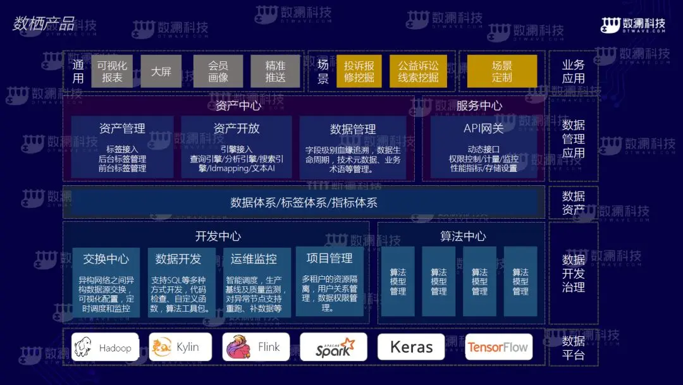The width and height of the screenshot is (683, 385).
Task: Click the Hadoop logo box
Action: [x=105, y=347]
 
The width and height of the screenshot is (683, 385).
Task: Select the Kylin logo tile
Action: [x=180, y=347]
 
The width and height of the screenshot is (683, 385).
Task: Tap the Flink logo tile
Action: [x=256, y=347]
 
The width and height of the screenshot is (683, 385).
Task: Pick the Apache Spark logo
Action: [x=333, y=347]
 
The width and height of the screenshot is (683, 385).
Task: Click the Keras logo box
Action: [x=411, y=347]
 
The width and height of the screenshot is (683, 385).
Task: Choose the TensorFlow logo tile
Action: [x=498, y=347]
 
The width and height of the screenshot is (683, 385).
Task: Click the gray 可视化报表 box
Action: [x=112, y=71]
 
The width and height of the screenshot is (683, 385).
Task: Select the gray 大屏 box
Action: [x=161, y=71]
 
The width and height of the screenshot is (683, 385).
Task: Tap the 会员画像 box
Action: [x=218, y=71]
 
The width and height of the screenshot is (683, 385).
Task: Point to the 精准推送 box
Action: [x=275, y=71]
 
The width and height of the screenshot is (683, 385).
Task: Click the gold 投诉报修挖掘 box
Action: [x=359, y=71]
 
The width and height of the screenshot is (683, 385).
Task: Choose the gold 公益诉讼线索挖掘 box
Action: [x=418, y=71]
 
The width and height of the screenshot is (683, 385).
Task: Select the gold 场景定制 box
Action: [x=501, y=71]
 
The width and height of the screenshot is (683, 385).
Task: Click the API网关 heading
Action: [x=484, y=128]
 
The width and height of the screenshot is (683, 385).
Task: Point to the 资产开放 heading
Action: [x=237, y=128]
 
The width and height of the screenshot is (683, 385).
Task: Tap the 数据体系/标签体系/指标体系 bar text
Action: [x=304, y=202]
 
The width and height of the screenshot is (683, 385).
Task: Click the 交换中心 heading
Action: [x=106, y=259]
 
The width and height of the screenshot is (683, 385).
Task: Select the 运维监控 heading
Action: [x=254, y=259]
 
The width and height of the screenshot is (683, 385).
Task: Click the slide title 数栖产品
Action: [x=44, y=24]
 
